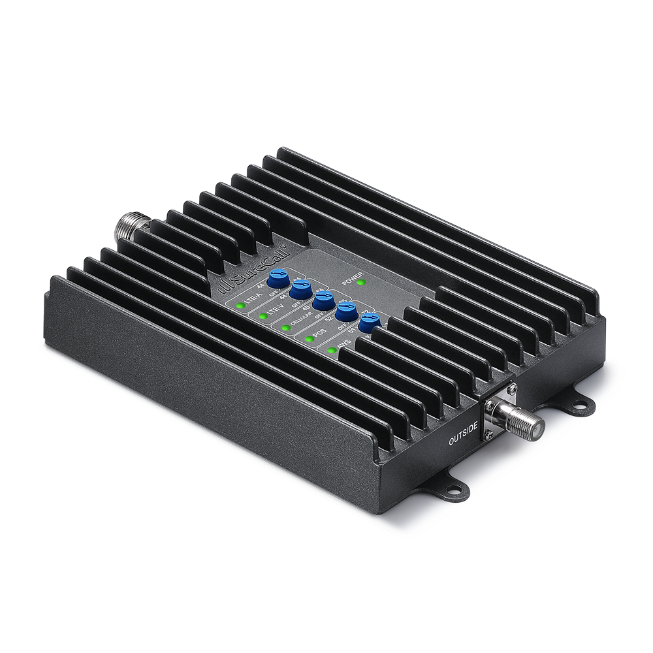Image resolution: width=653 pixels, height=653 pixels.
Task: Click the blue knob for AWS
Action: point(369,323)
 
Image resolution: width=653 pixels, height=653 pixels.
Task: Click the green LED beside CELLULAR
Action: point(285,326)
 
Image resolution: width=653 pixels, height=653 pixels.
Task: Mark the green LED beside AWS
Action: point(332,351)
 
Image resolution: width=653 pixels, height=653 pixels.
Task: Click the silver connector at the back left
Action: point(131,229)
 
